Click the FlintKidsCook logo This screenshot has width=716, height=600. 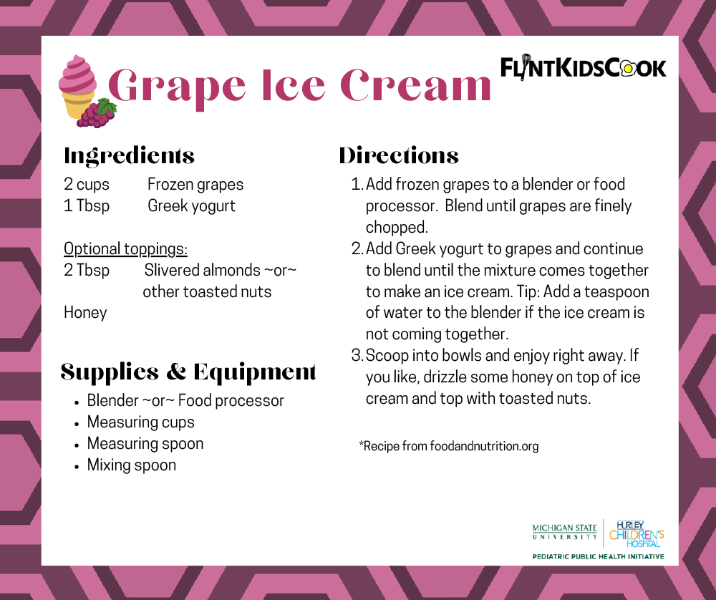583,68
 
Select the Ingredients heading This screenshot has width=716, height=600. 129,155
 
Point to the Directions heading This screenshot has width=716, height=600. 399,155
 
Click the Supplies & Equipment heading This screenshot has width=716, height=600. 188,372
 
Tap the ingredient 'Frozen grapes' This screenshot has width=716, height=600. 195,184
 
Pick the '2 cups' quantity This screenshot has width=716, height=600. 87,184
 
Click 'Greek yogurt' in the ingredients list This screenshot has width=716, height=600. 191,205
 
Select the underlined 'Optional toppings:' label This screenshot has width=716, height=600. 125,248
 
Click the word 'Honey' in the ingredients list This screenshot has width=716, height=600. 85,313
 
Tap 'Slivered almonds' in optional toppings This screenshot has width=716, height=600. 203,270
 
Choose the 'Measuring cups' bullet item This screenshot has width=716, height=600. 140,422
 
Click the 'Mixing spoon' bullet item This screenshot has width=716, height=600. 131,465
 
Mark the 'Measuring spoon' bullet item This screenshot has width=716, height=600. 145,443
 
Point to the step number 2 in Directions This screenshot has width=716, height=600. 357,249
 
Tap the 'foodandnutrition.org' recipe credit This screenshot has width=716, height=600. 484,446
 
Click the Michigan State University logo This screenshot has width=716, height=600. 564,532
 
